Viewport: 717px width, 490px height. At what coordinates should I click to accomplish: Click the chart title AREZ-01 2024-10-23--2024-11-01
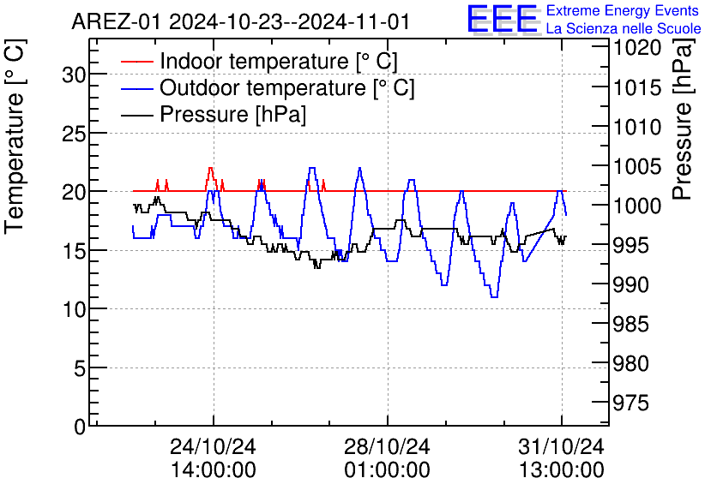click(x=240, y=21)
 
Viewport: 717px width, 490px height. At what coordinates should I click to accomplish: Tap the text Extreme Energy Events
click(x=623, y=11)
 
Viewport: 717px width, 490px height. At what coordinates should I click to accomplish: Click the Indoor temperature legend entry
click(x=278, y=62)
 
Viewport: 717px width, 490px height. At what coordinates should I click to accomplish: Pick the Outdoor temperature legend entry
click(x=286, y=88)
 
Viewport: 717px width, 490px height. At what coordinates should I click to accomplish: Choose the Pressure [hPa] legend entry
click(x=232, y=115)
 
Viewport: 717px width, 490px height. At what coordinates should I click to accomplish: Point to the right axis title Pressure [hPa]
click(x=683, y=129)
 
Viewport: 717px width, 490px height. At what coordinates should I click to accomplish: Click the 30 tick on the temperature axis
click(x=75, y=75)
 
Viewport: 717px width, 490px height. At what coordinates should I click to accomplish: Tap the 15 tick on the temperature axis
click(x=75, y=251)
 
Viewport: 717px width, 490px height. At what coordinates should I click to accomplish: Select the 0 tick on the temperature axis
click(x=80, y=427)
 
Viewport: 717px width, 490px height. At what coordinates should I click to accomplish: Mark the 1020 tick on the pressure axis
click(x=636, y=48)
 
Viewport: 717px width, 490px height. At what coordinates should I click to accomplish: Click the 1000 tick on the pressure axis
click(x=636, y=206)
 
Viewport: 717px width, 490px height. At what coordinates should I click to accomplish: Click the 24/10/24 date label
click(x=213, y=447)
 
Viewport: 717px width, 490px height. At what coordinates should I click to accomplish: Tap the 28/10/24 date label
click(x=387, y=447)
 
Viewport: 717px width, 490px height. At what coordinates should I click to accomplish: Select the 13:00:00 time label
click(x=561, y=470)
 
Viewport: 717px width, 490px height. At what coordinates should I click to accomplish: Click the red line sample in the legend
click(x=137, y=62)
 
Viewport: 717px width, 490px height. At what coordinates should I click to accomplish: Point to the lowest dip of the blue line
click(x=494, y=296)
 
